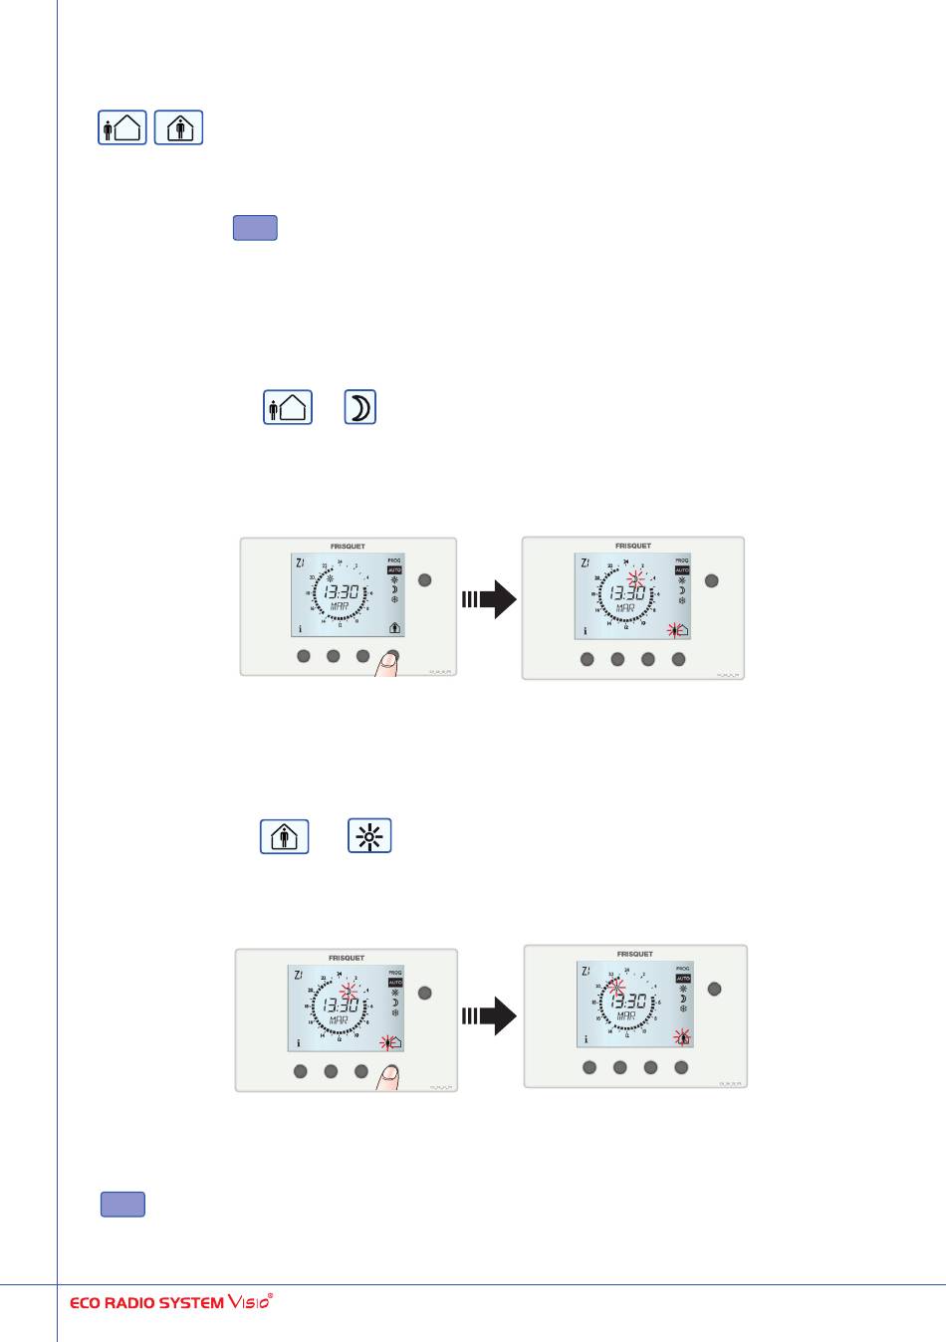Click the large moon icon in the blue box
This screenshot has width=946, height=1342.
click(360, 408)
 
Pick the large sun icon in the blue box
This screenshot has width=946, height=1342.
click(370, 836)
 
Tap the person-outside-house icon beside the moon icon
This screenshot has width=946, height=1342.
click(287, 408)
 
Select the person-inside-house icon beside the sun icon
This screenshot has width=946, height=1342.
click(284, 836)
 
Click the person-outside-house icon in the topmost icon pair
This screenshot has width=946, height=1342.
click(122, 128)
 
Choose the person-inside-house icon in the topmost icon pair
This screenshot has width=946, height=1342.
click(179, 128)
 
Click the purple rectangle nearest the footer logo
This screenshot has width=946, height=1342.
click(122, 1205)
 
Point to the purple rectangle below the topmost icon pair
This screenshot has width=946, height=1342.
click(255, 228)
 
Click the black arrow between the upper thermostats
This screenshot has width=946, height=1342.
click(489, 599)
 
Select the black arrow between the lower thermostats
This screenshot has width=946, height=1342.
click(489, 1016)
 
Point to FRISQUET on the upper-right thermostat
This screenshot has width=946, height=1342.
click(633, 546)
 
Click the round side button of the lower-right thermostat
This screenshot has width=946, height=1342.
click(713, 989)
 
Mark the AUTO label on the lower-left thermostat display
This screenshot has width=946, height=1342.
click(395, 982)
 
